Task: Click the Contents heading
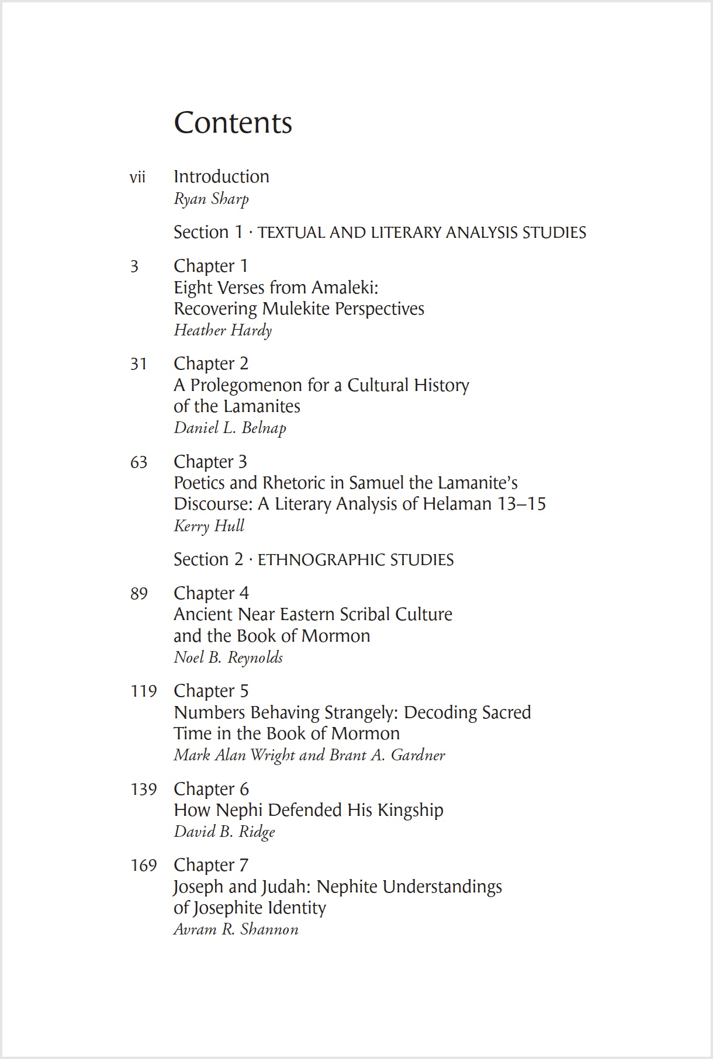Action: pos(233,123)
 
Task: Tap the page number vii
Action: pos(137,177)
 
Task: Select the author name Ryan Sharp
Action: pos(211,199)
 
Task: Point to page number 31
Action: pos(139,364)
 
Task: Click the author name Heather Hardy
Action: pos(223,331)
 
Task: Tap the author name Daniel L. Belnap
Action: pos(230,428)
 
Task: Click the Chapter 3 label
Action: pos(210,462)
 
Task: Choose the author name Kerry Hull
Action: pos(209,526)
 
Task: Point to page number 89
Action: pos(139,594)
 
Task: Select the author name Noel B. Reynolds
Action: pos(228,657)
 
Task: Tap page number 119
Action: pos(143,691)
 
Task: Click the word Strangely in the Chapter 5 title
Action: pos(360,712)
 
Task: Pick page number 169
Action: pos(143,865)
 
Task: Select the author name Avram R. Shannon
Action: pos(236,929)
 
